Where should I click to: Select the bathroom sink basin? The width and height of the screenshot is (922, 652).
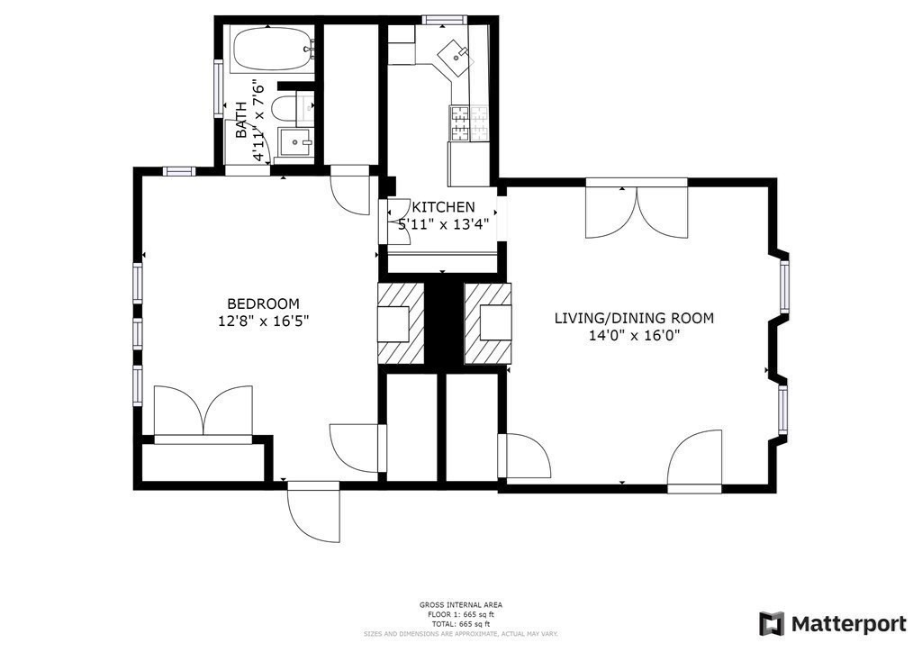coord(294,142)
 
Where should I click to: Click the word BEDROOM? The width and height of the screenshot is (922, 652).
coord(263,303)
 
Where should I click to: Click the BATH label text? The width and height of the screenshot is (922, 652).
coord(241,120)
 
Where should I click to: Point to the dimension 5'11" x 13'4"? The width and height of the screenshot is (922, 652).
coord(443,224)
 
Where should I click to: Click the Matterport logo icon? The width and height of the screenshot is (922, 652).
coord(771,624)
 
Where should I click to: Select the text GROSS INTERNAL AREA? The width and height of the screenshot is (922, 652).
coord(460,604)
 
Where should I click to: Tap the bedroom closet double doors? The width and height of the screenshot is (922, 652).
coord(203,412)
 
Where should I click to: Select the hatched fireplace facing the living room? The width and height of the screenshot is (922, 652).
coord(487,323)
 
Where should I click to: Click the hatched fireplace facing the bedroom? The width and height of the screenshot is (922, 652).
coord(400,323)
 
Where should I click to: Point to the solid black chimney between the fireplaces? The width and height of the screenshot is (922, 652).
coord(443,323)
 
